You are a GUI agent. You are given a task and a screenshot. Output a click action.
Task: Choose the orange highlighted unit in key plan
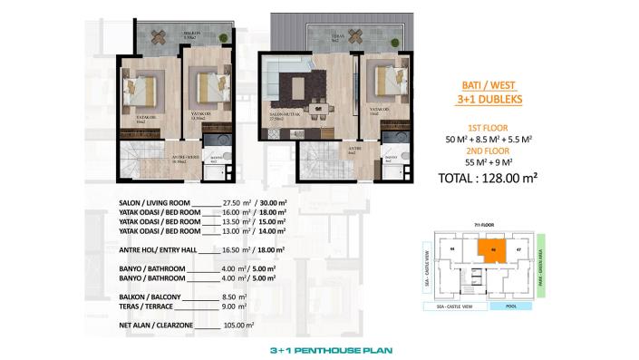click(x=492, y=251)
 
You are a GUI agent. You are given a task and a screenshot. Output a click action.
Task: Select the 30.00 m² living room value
click(x=268, y=203)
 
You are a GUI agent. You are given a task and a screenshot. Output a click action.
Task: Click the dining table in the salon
click(x=318, y=109)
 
